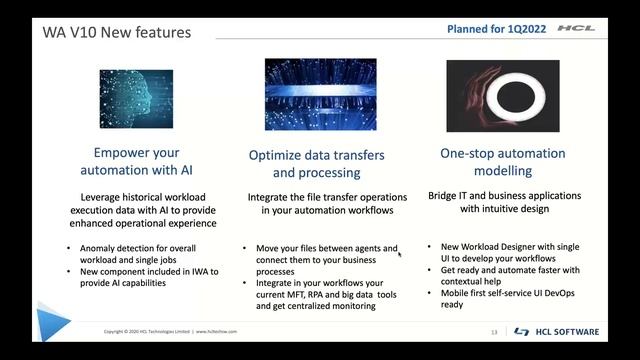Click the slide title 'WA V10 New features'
116,32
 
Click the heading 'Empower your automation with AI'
136,162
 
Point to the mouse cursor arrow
399,253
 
